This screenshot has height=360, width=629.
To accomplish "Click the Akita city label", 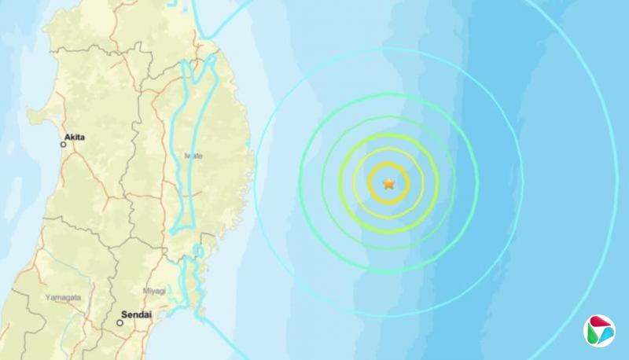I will click(76, 137).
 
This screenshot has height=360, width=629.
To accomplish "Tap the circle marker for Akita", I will click(64, 144).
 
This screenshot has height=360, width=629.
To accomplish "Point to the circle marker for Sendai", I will click(121, 321).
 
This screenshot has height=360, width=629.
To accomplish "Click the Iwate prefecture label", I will click(193, 156).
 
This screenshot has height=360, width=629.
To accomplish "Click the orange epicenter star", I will click(388, 183).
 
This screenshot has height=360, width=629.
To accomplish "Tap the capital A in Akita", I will click(68, 137).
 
